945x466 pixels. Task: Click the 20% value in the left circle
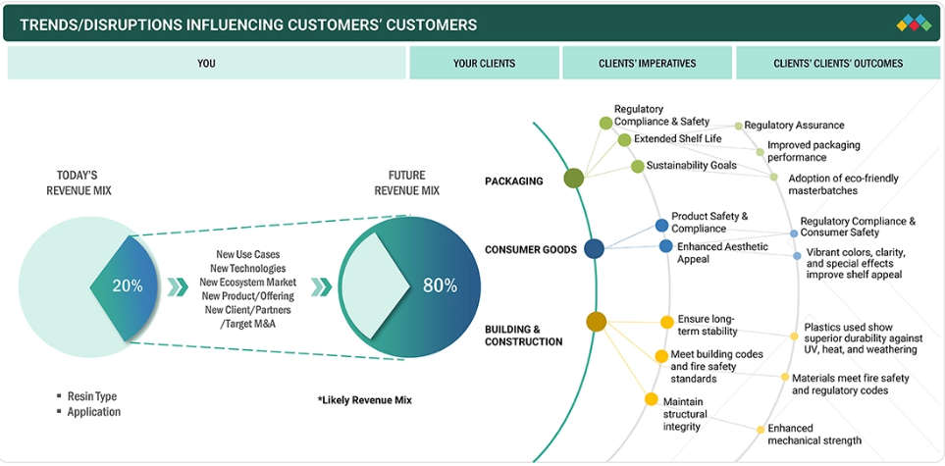(x=128, y=286)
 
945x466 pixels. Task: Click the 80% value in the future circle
(x=440, y=286)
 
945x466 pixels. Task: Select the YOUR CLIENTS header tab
(x=484, y=64)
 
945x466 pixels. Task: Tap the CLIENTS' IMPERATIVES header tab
(x=647, y=64)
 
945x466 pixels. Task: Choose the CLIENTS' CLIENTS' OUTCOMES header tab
(x=837, y=64)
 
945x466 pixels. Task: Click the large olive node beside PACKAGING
(x=574, y=178)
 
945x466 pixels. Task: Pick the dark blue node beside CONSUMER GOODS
(x=594, y=249)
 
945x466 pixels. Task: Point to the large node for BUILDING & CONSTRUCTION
(x=596, y=321)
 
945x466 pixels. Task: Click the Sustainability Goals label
(x=691, y=166)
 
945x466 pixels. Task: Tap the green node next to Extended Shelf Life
(x=624, y=140)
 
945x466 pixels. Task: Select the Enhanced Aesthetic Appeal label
(x=722, y=253)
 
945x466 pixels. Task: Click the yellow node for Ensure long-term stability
(x=667, y=321)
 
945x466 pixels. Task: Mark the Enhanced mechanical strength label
(x=814, y=435)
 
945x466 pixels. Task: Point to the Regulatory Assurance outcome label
(x=794, y=126)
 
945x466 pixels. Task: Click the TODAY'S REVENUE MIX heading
(x=79, y=182)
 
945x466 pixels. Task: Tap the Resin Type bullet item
(x=92, y=396)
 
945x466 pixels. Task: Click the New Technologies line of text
(x=247, y=268)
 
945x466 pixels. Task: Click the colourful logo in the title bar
(x=914, y=24)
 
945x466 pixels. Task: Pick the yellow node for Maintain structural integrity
(x=651, y=399)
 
